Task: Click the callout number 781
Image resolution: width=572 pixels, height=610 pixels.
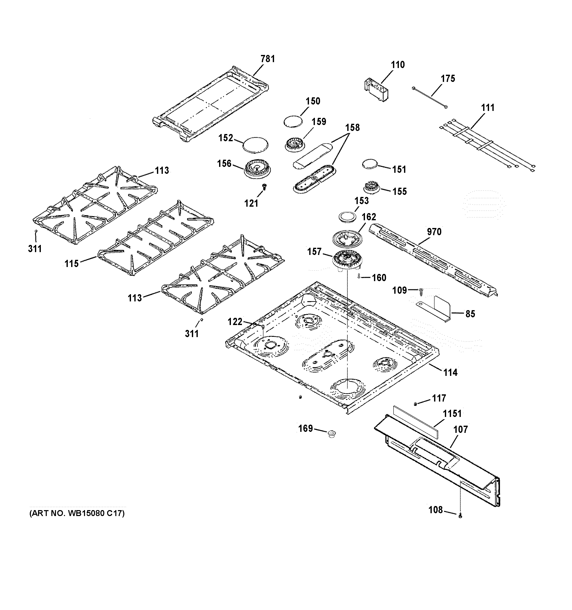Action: [x=267, y=59]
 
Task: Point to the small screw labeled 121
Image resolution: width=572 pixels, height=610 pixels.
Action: [x=264, y=186]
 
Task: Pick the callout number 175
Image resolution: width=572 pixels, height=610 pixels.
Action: [x=448, y=79]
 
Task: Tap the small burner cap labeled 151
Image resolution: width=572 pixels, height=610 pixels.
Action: [x=369, y=164]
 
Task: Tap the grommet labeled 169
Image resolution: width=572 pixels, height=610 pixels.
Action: [x=331, y=434]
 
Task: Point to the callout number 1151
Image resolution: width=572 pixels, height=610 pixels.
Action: [x=452, y=414]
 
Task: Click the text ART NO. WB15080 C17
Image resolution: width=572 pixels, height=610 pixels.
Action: [x=77, y=513]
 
